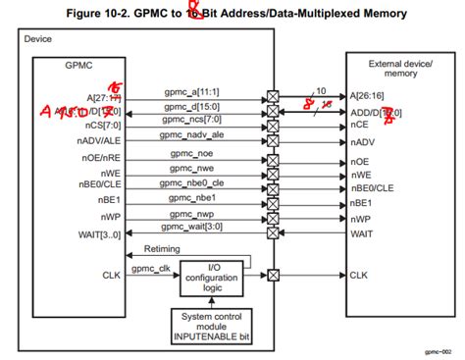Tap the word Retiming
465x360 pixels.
tap(162, 249)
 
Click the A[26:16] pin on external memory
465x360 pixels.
tap(370, 98)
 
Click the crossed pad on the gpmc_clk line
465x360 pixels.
tap(273, 275)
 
